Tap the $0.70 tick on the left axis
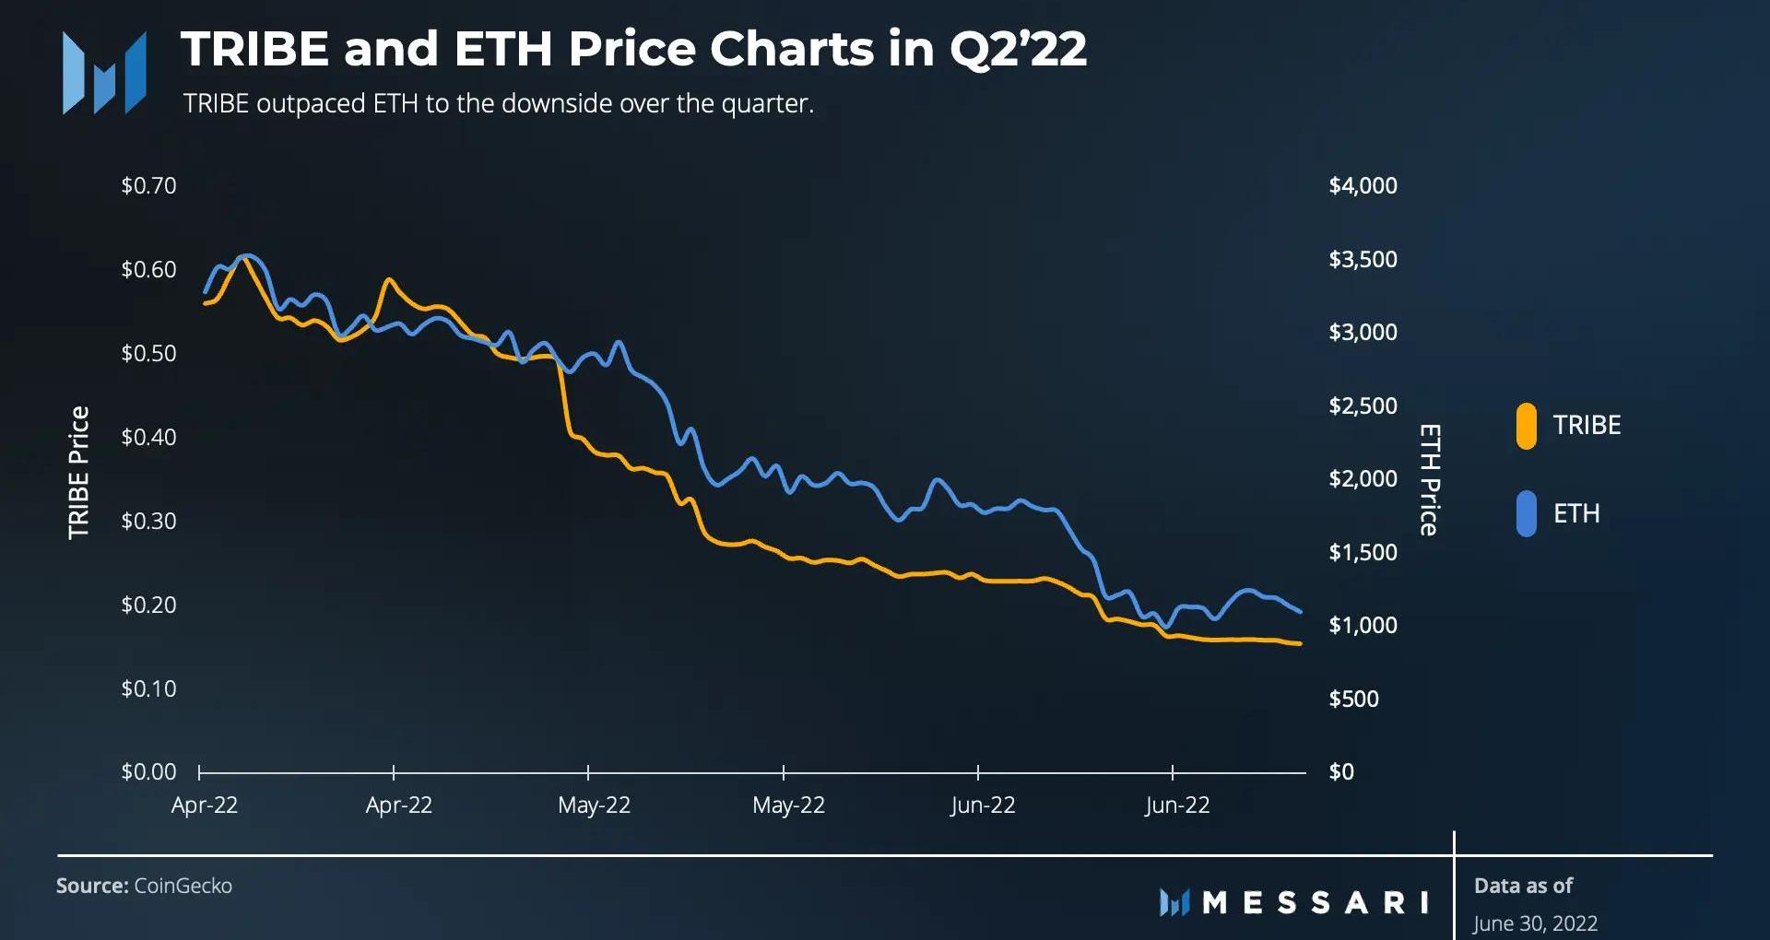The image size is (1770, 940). click(148, 185)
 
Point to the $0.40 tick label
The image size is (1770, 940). click(148, 437)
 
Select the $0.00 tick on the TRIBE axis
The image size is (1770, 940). click(148, 771)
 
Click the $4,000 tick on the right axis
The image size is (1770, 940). click(1363, 185)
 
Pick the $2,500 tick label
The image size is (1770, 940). click(1363, 405)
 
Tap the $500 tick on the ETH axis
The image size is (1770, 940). click(1353, 699)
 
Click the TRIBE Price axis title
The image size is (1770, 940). click(79, 472)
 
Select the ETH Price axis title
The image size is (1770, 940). click(1428, 479)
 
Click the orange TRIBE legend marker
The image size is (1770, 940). click(1526, 426)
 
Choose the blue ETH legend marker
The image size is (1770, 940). click(1526, 513)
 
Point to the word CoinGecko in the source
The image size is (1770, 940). click(183, 886)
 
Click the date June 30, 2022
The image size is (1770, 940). click(1535, 922)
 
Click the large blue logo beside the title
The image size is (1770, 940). click(104, 73)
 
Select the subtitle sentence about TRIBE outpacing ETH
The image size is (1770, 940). click(498, 103)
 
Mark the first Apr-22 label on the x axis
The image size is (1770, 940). click(205, 805)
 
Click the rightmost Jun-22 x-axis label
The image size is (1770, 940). click(1177, 805)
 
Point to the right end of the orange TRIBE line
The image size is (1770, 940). click(1300, 643)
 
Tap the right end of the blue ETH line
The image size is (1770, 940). click(1300, 611)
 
